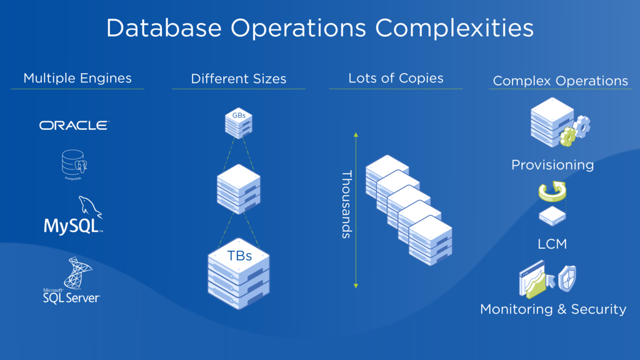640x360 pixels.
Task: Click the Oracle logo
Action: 74,126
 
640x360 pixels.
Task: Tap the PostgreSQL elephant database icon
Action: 74,163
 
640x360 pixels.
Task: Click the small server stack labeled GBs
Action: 238,122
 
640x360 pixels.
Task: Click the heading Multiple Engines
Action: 77,78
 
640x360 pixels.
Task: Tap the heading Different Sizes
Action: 238,79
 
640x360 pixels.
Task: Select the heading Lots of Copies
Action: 396,78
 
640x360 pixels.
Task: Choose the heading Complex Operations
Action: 560,81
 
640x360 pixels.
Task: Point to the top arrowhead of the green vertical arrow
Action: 356,134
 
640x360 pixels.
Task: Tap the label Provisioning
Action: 552,165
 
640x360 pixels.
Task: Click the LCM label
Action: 552,244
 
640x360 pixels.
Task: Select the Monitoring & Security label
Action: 552,309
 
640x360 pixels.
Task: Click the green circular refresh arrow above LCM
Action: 552,192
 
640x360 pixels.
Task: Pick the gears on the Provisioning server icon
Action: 576,130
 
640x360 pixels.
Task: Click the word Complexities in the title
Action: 454,28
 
